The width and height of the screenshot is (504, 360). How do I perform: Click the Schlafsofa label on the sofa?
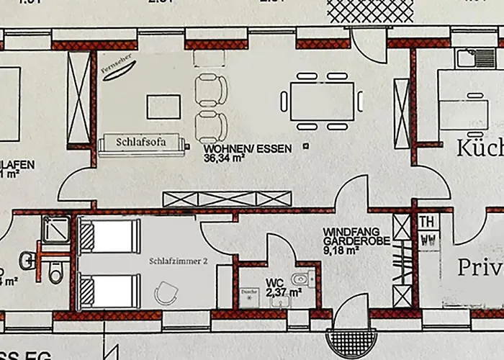tap(141, 142)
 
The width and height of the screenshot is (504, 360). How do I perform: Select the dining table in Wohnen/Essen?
tap(322, 102)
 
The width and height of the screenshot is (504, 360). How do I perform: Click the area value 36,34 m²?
tap(228, 158)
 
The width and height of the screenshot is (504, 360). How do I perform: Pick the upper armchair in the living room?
tap(212, 90)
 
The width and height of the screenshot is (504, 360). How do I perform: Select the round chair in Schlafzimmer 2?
tap(168, 293)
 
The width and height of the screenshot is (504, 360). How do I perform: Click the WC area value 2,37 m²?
tap(284, 292)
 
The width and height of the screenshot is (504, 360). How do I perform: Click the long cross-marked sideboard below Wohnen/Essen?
tap(228, 199)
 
